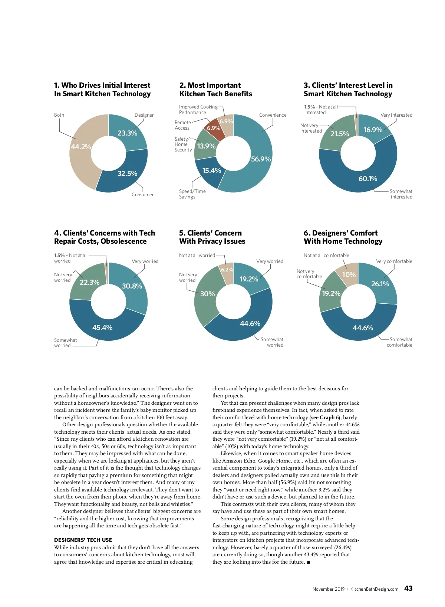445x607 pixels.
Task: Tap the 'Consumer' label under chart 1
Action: (x=142, y=194)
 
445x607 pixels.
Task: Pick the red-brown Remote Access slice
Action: (x=213, y=128)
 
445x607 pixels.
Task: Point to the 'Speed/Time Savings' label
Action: (x=192, y=194)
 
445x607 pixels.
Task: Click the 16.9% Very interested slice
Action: (x=373, y=130)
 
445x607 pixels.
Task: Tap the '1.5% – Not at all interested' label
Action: (x=321, y=110)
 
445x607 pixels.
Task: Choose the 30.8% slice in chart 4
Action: (x=132, y=286)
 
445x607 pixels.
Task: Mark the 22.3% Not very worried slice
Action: (x=89, y=282)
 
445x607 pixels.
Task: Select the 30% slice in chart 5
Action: (x=207, y=294)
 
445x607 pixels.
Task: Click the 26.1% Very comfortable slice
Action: (x=380, y=284)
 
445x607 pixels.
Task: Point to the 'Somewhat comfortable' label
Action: (x=399, y=342)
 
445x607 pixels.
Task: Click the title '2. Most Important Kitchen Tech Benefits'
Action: (x=216, y=90)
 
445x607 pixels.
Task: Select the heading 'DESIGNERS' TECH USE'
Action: (x=83, y=540)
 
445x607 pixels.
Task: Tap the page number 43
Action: (x=408, y=588)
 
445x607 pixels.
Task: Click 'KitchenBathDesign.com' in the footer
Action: (x=374, y=589)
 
